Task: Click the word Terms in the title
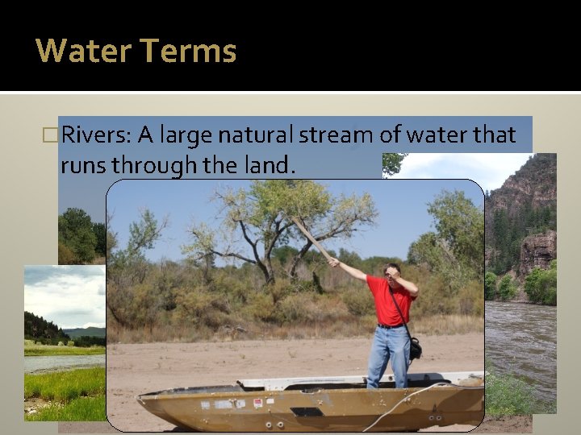188,51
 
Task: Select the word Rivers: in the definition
96,135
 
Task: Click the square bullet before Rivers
54,135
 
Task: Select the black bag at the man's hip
415,348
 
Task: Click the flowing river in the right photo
525,338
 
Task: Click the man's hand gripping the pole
333,262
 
